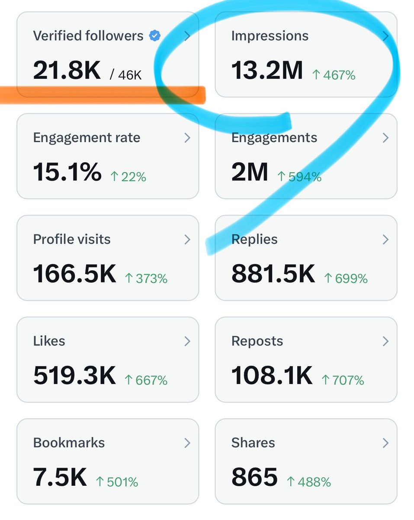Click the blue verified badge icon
click(x=154, y=36)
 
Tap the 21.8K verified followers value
click(x=67, y=70)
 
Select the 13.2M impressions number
click(x=267, y=70)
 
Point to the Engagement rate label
click(x=87, y=138)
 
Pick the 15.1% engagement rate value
click(x=67, y=172)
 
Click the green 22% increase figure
click(x=128, y=177)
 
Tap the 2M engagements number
click(x=250, y=172)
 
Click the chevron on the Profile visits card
click(x=187, y=240)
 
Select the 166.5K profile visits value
click(x=74, y=273)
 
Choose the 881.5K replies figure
click(x=273, y=273)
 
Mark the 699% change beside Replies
click(x=346, y=279)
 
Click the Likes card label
click(x=49, y=341)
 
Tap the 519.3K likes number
click(x=74, y=375)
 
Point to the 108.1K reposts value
click(x=272, y=375)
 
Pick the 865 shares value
click(x=254, y=477)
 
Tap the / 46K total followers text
click(x=126, y=75)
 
